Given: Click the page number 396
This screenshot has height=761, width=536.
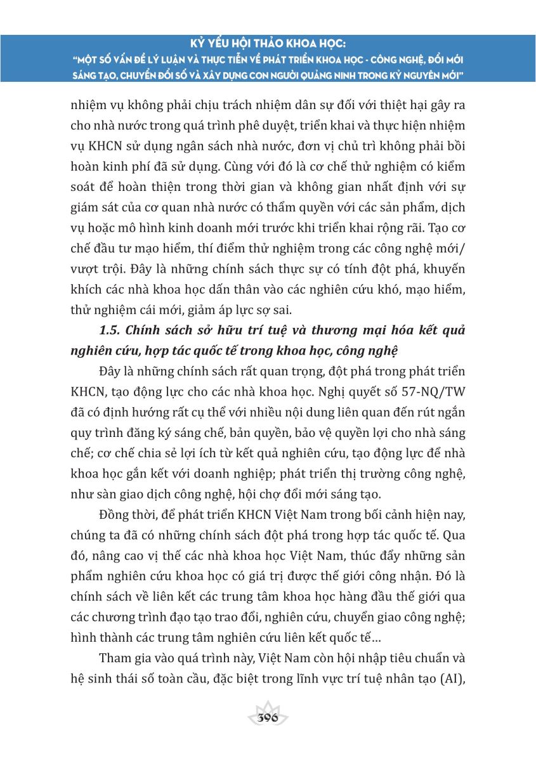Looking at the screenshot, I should (x=268, y=719).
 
